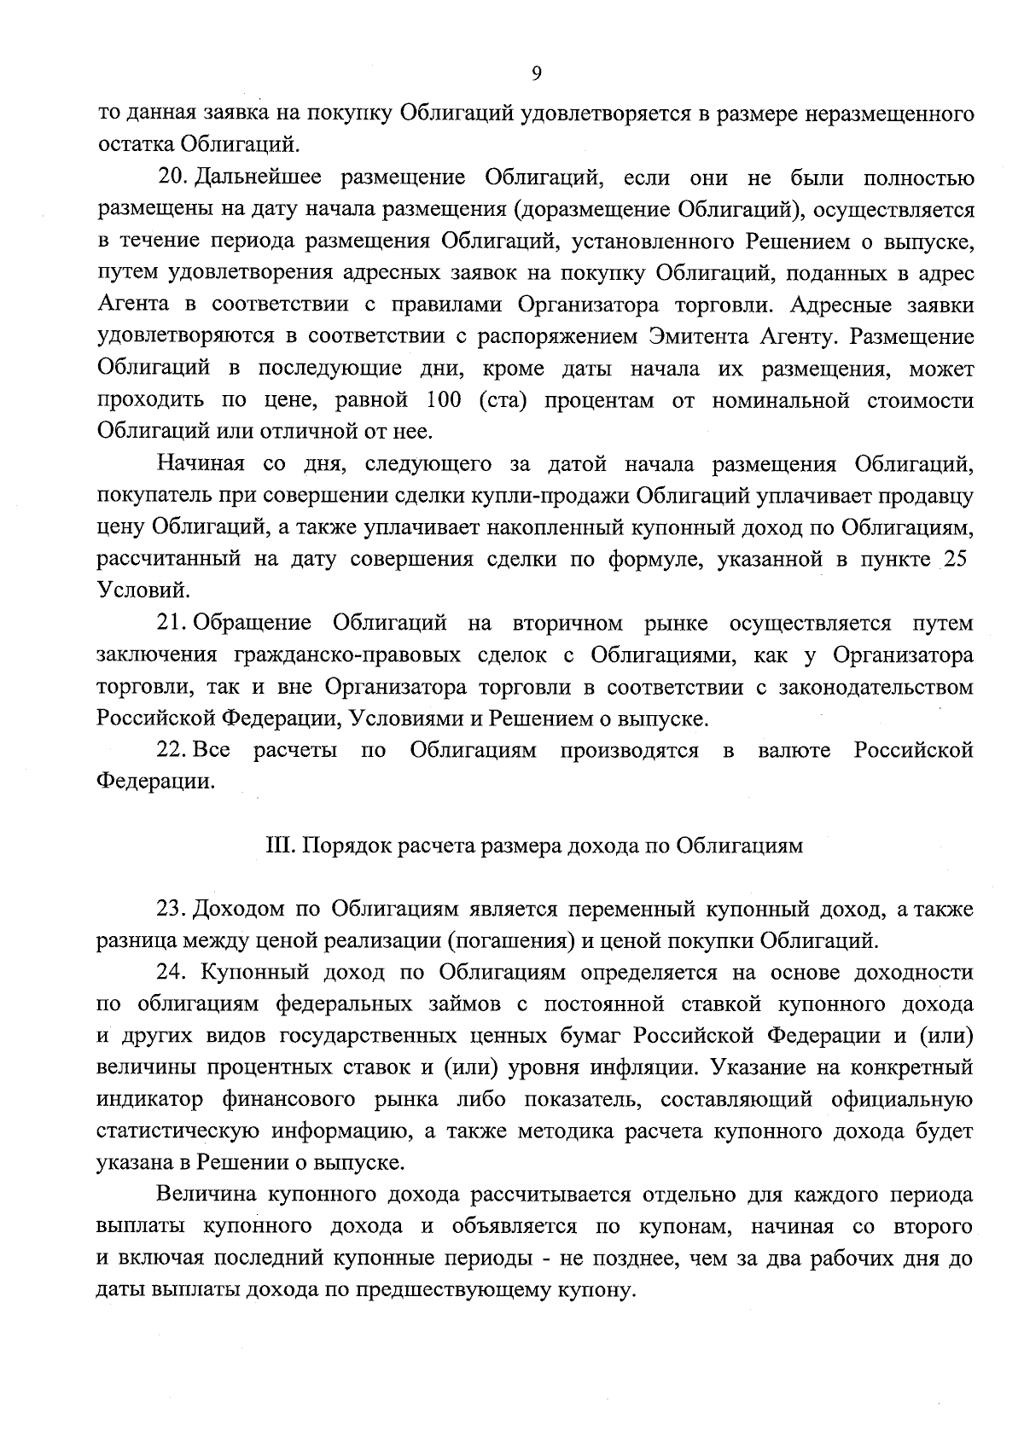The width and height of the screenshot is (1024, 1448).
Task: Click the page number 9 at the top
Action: point(536,74)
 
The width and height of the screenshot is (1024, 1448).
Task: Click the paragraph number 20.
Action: point(173,178)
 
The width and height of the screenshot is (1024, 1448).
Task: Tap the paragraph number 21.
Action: point(173,624)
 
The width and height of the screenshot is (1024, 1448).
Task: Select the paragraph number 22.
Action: point(173,751)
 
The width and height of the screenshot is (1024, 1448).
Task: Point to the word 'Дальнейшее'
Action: point(259,178)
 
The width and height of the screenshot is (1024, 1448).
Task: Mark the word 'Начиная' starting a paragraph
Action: point(201,464)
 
